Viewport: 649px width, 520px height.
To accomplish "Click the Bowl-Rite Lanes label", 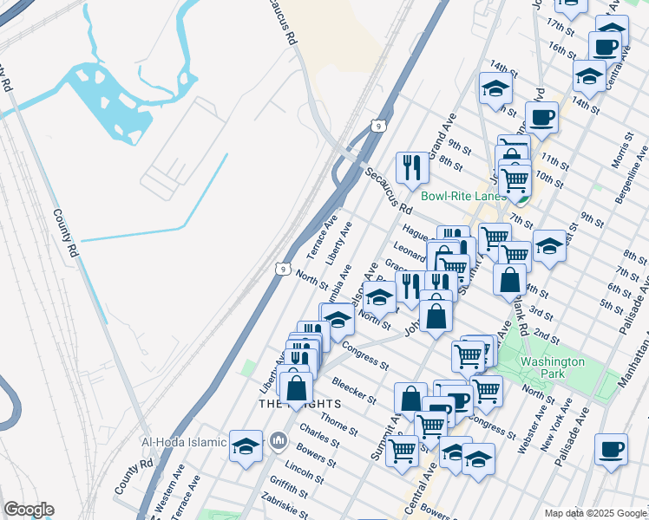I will click(x=462, y=196).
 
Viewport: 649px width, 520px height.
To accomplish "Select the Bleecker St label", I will click(x=353, y=388).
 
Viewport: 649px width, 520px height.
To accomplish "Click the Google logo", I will click(x=29, y=510).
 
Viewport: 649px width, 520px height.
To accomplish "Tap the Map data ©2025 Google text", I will click(x=594, y=513).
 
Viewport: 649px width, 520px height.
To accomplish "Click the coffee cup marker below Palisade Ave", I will click(x=612, y=450).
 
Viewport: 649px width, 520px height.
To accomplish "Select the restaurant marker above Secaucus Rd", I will click(x=411, y=167).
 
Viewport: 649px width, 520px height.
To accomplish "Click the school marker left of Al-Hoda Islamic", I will click(x=246, y=445).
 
